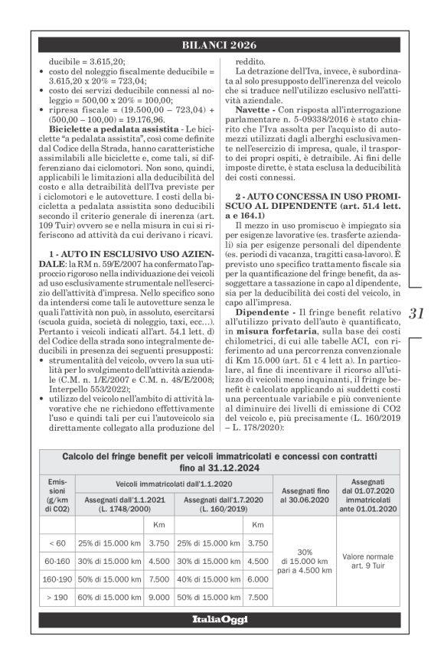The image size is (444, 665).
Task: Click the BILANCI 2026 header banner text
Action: pos(221,44)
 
